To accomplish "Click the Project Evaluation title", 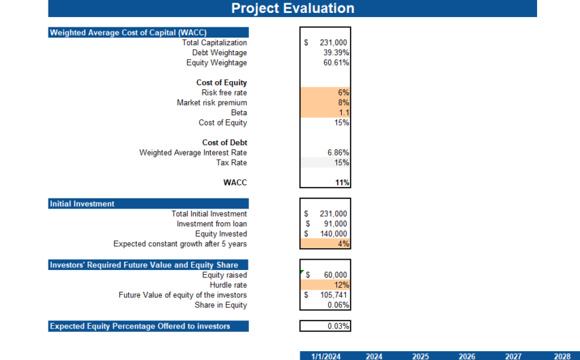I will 292,8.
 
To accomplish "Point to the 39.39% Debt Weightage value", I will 336,52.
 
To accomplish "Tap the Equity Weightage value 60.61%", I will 336,63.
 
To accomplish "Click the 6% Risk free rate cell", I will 325,93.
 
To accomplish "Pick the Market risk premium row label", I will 212,103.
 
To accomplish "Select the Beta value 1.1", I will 325,112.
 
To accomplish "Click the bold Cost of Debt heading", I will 224,142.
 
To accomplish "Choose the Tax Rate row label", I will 231,163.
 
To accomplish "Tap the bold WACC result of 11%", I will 342,183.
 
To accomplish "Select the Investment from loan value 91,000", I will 334,224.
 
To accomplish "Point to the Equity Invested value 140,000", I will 334,234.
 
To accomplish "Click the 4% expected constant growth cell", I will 325,243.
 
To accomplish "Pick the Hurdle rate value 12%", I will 325,285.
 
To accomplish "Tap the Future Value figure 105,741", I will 334,295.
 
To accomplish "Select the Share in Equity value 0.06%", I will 338,305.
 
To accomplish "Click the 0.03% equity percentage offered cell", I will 325,326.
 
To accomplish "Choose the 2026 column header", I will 467,356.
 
